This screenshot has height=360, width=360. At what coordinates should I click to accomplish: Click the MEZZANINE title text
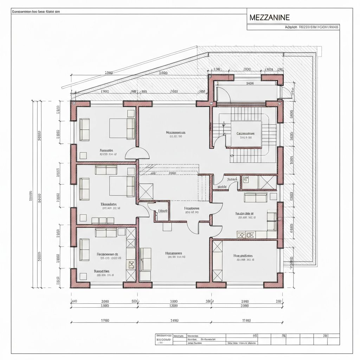pos(270,17)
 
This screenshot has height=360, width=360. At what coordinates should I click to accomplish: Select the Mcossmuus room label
pos(175,133)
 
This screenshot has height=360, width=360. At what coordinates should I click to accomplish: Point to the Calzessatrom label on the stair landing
pos(245,134)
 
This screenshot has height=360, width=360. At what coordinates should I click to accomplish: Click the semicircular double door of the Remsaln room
pos(137,153)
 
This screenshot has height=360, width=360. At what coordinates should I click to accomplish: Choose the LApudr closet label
pos(163,211)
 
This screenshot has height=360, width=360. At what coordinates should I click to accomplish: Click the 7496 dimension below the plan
pos(174,321)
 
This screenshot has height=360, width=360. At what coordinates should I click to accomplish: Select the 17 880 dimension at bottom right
pos(245,321)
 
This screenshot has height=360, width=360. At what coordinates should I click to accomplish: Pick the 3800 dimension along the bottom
pos(174,301)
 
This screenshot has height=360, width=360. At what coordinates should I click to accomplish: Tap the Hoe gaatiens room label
pos(243,256)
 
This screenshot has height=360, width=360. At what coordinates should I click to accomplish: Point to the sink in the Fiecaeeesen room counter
pos(131,264)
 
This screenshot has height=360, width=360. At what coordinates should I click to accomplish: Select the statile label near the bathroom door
pos(222,187)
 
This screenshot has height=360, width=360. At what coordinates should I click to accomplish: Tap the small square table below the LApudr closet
pos(167,227)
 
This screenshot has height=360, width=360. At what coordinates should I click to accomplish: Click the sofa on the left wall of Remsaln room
pos(85,130)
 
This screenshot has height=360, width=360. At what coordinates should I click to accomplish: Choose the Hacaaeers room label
pos(174,253)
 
